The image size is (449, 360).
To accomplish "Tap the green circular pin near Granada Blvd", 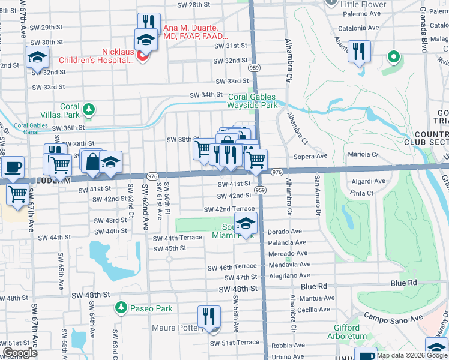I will coord(394,57).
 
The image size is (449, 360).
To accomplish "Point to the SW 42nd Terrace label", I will coord(229,209).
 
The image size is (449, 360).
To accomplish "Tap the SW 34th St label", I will coord(206,95).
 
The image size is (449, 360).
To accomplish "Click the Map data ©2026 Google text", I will coord(411,355).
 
